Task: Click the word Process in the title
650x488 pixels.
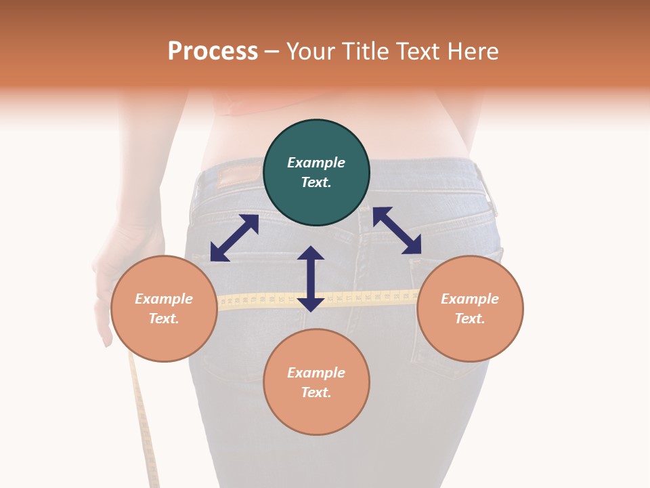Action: pyautogui.click(x=213, y=52)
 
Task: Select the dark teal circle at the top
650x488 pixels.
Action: pyautogui.click(x=316, y=173)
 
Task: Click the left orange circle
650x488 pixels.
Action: pyautogui.click(x=164, y=309)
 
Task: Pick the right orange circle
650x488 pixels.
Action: pyautogui.click(x=470, y=309)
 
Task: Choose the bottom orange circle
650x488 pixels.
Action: pyautogui.click(x=316, y=382)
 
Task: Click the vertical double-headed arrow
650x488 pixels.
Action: pyautogui.click(x=311, y=279)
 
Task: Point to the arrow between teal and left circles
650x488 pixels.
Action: pyautogui.click(x=234, y=238)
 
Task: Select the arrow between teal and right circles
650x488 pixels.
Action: pyautogui.click(x=397, y=230)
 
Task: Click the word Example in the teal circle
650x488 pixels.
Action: pyautogui.click(x=316, y=163)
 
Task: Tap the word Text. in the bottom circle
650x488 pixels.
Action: pyautogui.click(x=316, y=392)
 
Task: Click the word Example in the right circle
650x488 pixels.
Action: pyautogui.click(x=470, y=299)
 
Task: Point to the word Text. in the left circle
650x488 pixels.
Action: pyautogui.click(x=164, y=319)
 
